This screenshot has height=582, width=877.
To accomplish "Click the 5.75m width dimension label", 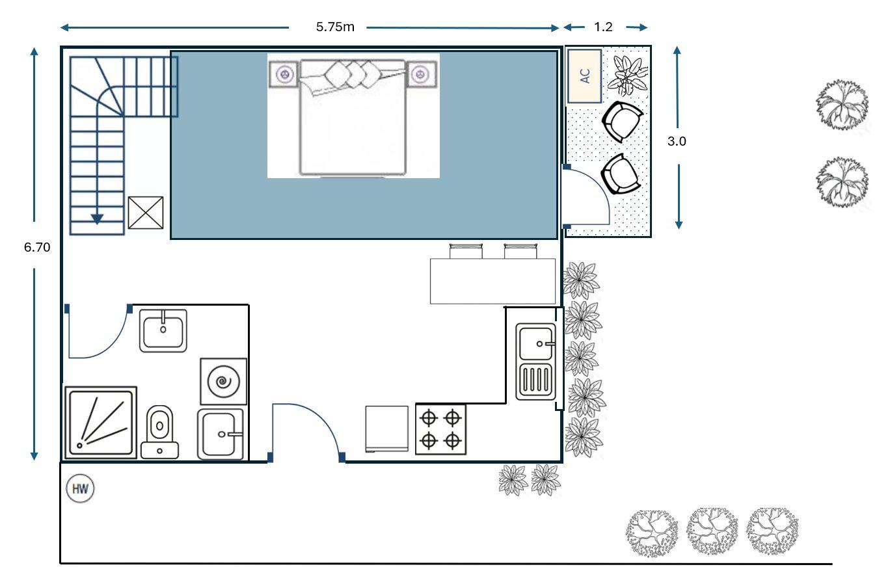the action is (x=335, y=27).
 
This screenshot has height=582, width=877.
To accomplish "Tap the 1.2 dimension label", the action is (x=603, y=27).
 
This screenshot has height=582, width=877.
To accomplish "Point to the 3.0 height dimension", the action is (x=677, y=141).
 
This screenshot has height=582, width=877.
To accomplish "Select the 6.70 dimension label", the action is (x=37, y=247).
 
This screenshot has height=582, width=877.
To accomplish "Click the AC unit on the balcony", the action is (x=584, y=76).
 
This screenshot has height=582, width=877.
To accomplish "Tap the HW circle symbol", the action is (x=80, y=488).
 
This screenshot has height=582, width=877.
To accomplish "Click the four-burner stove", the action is (x=441, y=429).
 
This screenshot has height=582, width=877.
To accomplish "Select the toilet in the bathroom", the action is (x=160, y=432).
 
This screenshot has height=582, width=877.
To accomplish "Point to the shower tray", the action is (x=101, y=422).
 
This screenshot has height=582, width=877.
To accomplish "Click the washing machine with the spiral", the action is (x=224, y=381).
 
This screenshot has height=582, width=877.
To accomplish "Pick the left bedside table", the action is (x=284, y=74).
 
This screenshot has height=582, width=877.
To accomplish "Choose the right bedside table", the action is (x=421, y=74).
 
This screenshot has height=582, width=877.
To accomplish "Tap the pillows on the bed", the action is (x=353, y=74).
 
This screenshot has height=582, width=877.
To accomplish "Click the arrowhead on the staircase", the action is (x=97, y=219).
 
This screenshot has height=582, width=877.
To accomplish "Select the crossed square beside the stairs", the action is (x=146, y=213).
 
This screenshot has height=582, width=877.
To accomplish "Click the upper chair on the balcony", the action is (x=623, y=122).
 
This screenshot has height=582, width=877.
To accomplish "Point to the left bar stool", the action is (x=466, y=251).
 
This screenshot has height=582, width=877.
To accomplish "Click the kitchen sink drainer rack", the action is (x=535, y=379).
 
